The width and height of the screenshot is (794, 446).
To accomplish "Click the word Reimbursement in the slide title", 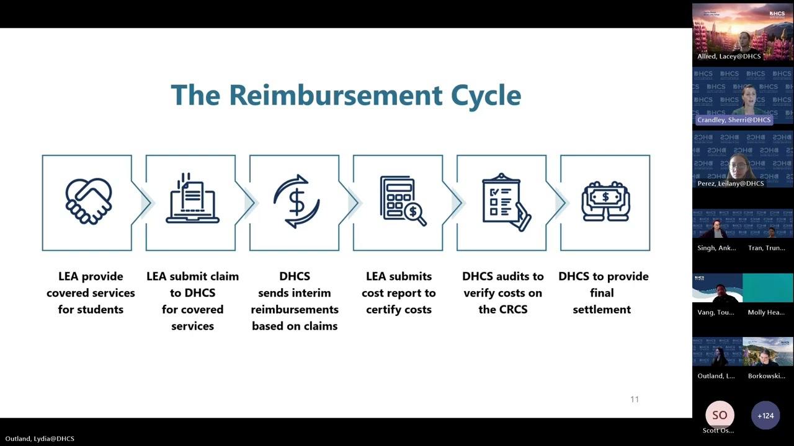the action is [336, 95].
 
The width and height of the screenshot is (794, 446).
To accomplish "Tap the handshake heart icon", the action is [89, 201].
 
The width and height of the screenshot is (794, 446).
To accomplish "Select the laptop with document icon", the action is [192, 198].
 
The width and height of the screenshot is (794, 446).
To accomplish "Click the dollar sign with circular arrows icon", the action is [297, 201].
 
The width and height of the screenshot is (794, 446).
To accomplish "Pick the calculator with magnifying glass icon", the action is [403, 201].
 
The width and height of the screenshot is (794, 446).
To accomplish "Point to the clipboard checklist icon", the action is [506, 202].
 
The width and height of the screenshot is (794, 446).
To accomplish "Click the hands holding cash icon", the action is [606, 201].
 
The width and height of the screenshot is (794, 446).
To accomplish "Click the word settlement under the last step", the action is [602, 309].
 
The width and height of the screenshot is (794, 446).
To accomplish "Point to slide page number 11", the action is [635, 400].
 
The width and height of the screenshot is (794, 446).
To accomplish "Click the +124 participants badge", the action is [765, 416].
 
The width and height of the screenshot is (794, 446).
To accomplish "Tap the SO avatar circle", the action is [720, 415].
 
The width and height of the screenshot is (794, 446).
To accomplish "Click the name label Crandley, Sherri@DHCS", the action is [734, 120].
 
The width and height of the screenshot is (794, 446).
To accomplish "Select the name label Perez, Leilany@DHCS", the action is [731, 183].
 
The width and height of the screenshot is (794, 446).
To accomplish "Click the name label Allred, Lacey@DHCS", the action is [729, 56].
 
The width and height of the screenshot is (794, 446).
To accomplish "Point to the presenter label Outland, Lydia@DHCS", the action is [40, 439].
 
